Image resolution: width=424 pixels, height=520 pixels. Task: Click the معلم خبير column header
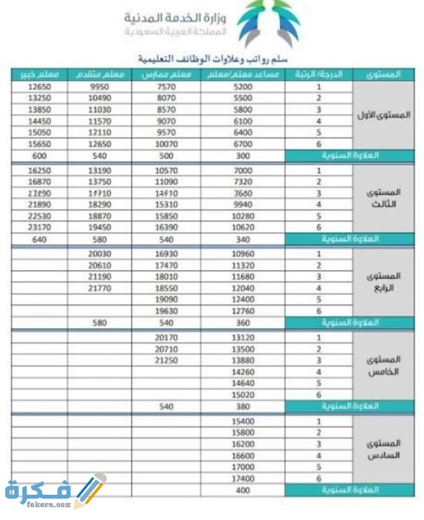coord(37,74)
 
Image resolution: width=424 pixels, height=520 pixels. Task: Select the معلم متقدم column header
coord(100,74)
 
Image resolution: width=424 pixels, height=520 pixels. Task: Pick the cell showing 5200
coord(243,87)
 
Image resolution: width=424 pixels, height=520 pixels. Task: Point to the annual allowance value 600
coord(37,156)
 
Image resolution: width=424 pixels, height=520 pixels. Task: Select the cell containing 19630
coord(166,311)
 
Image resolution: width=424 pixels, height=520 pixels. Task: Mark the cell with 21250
coord(166,360)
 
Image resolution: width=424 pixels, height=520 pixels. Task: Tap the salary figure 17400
coord(243,479)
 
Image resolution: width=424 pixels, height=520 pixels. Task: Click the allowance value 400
coord(243,490)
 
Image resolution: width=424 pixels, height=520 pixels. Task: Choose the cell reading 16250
coord(37,170)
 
